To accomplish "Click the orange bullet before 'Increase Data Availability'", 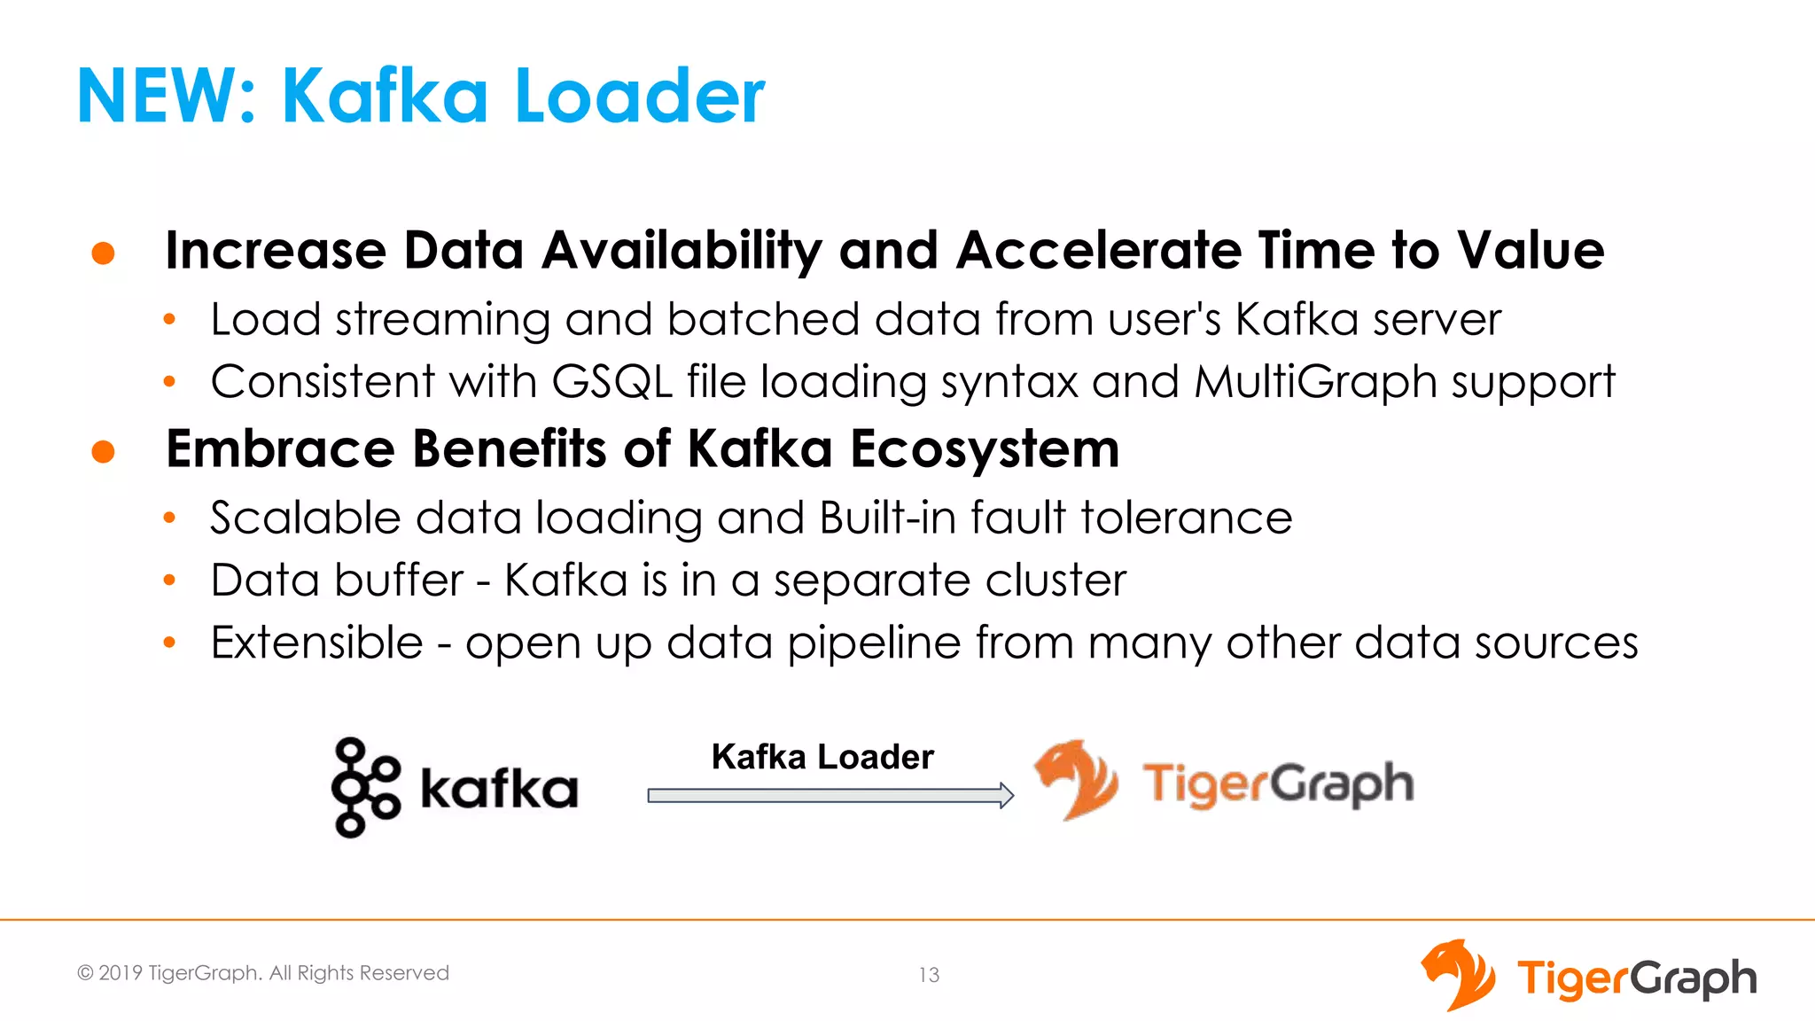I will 104,253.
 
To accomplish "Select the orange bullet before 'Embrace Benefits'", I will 104,452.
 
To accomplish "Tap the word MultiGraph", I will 1314,383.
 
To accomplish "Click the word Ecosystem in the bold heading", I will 985,449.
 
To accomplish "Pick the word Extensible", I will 316,643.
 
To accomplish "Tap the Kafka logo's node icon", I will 364,787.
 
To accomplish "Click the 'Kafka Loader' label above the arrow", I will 822,757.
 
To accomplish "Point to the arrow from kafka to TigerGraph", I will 830,795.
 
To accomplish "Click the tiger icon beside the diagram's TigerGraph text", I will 1075,780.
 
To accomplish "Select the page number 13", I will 929,975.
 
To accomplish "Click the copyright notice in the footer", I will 263,973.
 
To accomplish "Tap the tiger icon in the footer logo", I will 1457,975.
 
